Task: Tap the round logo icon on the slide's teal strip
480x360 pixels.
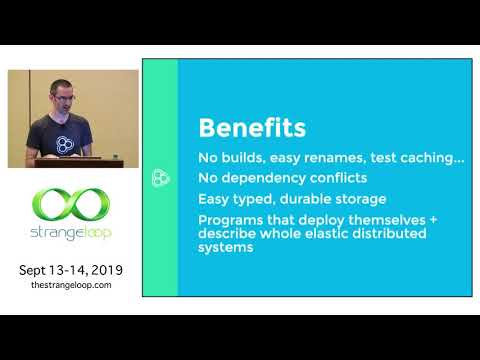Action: coord(159,178)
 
